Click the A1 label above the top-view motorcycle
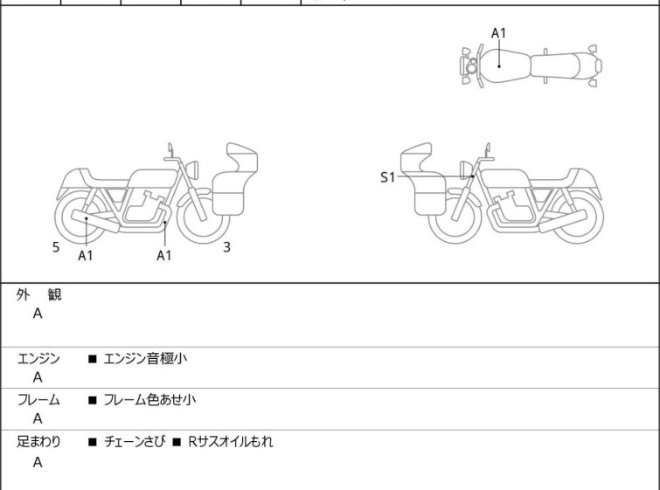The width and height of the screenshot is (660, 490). (x=498, y=33)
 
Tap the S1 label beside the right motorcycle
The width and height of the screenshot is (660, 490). (x=387, y=177)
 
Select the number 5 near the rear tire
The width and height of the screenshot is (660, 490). (x=56, y=247)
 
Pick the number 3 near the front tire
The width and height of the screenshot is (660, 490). (x=227, y=247)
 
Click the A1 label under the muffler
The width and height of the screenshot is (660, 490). (x=86, y=255)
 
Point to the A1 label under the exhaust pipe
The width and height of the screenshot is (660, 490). (x=164, y=255)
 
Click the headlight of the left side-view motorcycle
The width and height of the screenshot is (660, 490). (x=192, y=169)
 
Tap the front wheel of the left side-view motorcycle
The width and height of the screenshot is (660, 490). (x=204, y=217)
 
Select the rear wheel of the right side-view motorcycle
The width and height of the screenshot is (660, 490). (x=577, y=217)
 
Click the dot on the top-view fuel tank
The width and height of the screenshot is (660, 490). (x=499, y=66)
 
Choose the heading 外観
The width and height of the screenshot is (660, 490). (x=38, y=294)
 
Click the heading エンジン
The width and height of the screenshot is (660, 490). (x=38, y=358)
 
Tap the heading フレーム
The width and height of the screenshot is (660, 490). (x=38, y=399)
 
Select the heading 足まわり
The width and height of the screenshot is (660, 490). (x=38, y=441)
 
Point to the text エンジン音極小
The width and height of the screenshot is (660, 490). (x=145, y=358)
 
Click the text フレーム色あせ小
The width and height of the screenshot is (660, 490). (x=149, y=399)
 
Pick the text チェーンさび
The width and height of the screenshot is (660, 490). (x=135, y=441)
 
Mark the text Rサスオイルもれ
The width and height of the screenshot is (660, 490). (x=231, y=441)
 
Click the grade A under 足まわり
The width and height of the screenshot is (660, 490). (x=38, y=462)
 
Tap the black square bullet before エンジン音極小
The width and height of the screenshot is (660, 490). (x=92, y=359)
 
